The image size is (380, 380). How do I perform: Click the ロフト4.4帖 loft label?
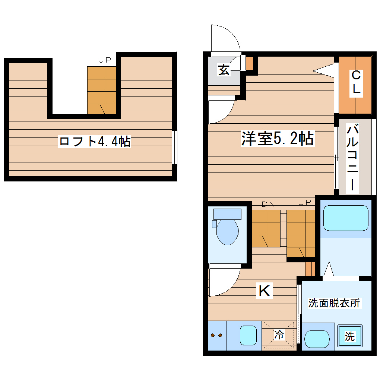click(x=95, y=142)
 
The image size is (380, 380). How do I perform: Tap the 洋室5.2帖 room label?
click(x=278, y=139)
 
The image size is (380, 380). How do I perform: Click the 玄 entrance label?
click(x=224, y=70)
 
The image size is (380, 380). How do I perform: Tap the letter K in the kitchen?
click(x=265, y=291)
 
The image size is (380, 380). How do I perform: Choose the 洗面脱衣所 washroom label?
click(x=334, y=303)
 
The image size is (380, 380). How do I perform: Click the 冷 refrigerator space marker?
click(x=279, y=335)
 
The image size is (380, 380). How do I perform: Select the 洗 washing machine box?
click(x=349, y=337)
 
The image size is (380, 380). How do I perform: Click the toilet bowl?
click(x=227, y=231)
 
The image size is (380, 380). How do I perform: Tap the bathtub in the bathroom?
click(x=346, y=218)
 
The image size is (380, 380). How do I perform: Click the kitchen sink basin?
click(x=248, y=335)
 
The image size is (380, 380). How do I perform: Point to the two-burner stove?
click(x=217, y=335)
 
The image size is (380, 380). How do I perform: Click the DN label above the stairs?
click(x=268, y=204)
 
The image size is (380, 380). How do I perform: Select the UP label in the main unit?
click(x=304, y=202)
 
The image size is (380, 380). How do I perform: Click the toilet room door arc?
click(x=224, y=281)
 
